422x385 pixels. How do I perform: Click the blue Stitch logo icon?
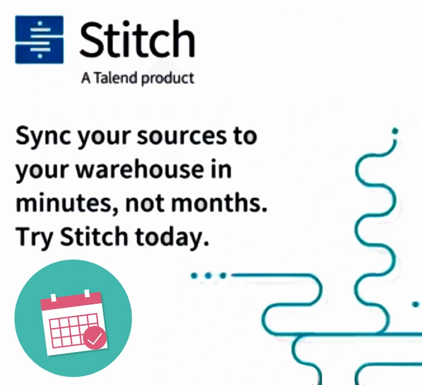pos(40,39)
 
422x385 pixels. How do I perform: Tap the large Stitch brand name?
pos(137,39)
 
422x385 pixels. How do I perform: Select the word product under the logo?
pos(168,78)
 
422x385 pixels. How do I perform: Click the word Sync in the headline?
pos(43,137)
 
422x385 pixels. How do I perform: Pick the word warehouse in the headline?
pos(139,169)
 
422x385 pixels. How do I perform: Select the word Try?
pos(34,237)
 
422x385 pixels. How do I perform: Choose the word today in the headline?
pos(172,237)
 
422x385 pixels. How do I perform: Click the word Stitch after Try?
pos(94,236)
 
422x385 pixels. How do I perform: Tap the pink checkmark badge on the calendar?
pos(94,338)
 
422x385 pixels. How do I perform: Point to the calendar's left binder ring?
pos(53,298)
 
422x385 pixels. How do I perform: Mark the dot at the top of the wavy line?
pos(395,131)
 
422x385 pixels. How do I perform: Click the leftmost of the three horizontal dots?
pos(194,275)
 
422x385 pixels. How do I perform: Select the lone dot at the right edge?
pos(415,304)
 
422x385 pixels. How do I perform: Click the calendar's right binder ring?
pos(87,293)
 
